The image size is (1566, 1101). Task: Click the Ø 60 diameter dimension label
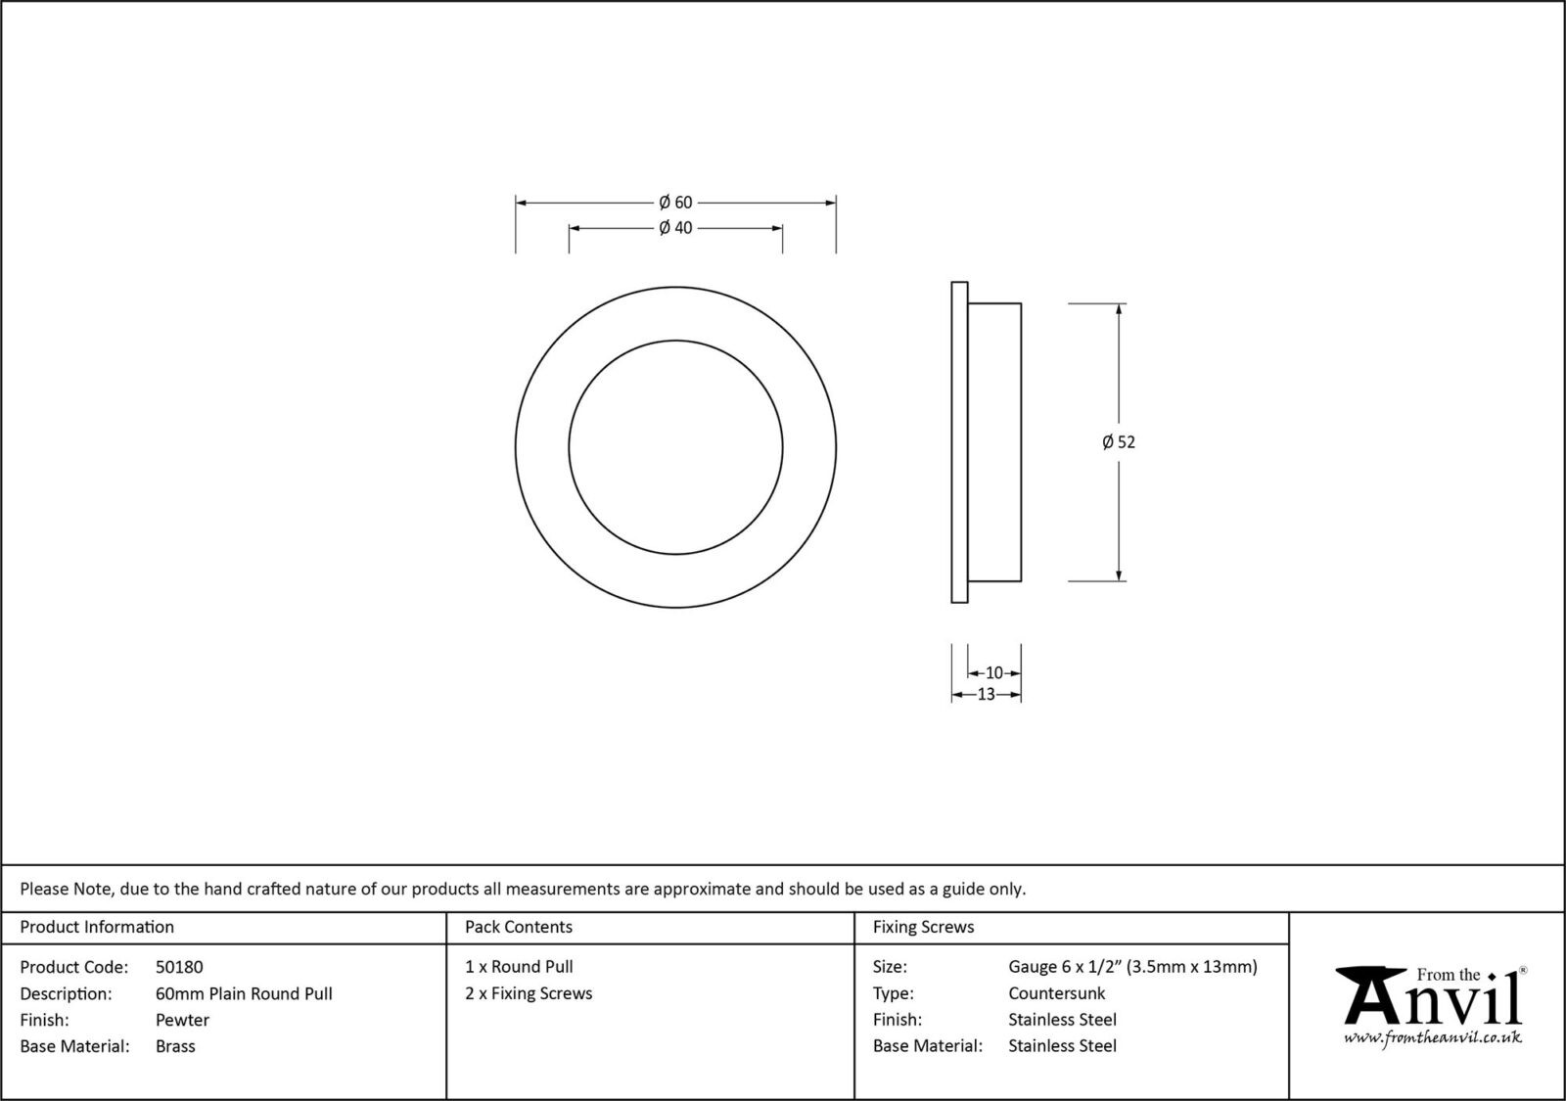click(x=675, y=203)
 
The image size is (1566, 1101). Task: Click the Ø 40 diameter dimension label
click(x=675, y=228)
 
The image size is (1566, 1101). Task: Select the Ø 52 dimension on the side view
click(x=1119, y=442)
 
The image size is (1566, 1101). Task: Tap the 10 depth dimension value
click(x=993, y=673)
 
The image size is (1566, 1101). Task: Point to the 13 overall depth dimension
click(x=986, y=695)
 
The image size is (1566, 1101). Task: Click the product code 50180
click(x=179, y=967)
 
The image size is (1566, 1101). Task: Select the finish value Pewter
click(x=182, y=1020)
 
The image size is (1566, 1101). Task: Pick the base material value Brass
click(x=175, y=1046)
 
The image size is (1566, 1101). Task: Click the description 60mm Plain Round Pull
click(x=244, y=993)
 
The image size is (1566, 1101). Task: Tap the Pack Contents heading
click(x=519, y=927)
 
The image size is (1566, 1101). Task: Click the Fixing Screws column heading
click(x=923, y=927)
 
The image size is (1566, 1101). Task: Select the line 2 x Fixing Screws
click(x=529, y=993)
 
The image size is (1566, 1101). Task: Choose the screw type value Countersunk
click(x=1056, y=993)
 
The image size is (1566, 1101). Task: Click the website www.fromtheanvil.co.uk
click(x=1432, y=1037)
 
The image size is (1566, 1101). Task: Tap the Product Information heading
click(x=97, y=927)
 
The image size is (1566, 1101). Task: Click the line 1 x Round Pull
click(x=519, y=967)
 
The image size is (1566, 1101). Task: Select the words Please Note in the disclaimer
click(x=67, y=890)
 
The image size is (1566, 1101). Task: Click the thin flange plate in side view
click(x=959, y=442)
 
